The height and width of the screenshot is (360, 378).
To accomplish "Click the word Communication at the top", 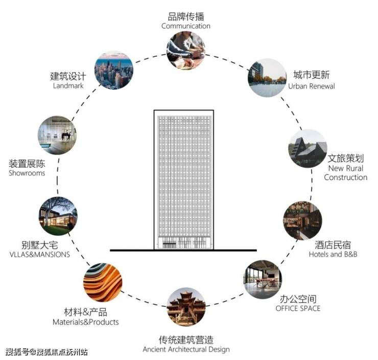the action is pos(186,26).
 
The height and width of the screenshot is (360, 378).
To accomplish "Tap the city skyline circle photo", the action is pos(114,70).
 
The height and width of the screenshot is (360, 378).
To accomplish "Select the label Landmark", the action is pos(68,86).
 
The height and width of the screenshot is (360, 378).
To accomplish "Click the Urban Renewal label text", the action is pos(312,86).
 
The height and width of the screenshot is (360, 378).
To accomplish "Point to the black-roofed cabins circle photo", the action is pos(308,148).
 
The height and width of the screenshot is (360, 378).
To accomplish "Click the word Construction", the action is pos(345,177).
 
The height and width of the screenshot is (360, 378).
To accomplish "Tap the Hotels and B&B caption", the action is pos(333,254).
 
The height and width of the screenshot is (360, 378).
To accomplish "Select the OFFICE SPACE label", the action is pos(298,308).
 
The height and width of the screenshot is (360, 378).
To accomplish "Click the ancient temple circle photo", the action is pos(186,307).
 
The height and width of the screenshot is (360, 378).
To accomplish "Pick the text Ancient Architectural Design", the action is pos(186,349).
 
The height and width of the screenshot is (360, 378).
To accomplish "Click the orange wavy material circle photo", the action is pos(103,282).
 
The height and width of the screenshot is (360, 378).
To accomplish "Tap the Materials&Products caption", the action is pos(86,322).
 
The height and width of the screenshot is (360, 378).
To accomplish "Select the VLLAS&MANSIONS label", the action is pos(40,255).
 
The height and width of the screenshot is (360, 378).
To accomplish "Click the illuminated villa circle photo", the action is pos(58,216).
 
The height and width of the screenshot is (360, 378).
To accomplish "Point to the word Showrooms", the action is pos(27,173).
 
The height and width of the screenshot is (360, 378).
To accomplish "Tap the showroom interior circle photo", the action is pos(57,135).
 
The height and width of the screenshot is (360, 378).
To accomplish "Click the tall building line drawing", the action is pos(184,180).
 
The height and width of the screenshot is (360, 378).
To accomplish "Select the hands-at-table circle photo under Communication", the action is pos(186,51).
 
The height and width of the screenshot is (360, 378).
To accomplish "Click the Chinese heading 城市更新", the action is pos(312,75).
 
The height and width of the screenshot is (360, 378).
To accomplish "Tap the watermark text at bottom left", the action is pos(46,352).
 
